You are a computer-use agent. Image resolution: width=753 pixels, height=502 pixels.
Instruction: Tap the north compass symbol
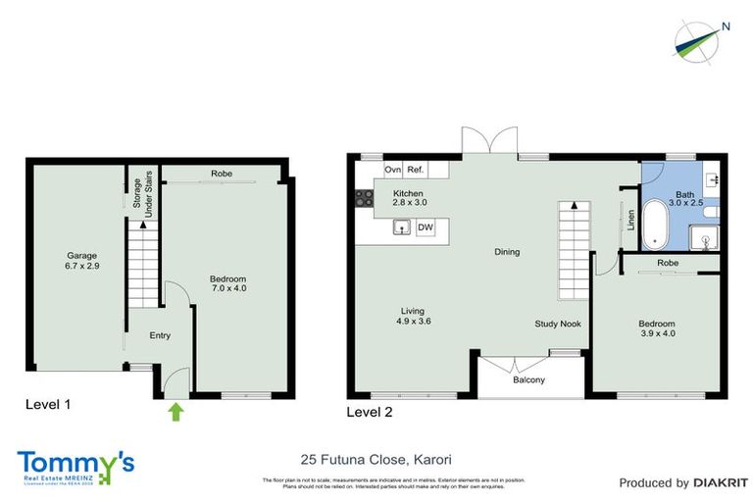[x=697, y=39]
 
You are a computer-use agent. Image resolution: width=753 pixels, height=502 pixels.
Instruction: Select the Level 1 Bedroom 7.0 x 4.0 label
[x=228, y=284]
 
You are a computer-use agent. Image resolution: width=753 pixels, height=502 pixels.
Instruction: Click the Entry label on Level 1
[x=159, y=336]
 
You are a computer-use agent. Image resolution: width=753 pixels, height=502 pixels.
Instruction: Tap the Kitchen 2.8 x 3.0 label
[x=408, y=199]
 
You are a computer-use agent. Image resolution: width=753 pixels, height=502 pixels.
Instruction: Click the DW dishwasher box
[x=426, y=227]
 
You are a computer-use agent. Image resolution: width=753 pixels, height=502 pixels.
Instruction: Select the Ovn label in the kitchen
[x=392, y=170]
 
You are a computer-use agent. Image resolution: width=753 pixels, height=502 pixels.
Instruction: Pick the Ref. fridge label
[x=415, y=170]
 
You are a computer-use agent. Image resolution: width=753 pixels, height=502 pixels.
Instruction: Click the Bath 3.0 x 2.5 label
[x=683, y=200]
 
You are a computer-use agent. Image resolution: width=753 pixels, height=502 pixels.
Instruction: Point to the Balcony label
[x=528, y=380]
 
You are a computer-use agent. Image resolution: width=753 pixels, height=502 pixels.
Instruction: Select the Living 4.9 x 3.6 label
[x=414, y=316]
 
